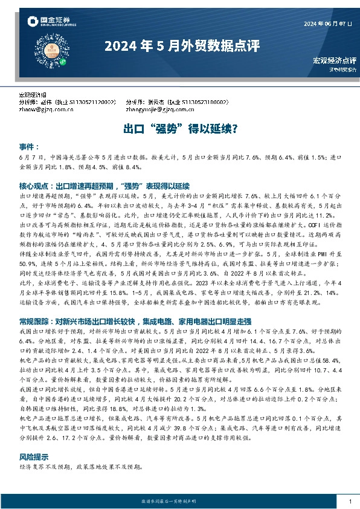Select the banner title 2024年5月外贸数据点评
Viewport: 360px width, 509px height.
click(181, 46)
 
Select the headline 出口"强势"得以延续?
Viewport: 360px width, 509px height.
click(180, 129)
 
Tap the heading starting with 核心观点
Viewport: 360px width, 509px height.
click(105, 186)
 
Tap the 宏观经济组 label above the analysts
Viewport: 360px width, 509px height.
click(34, 96)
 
